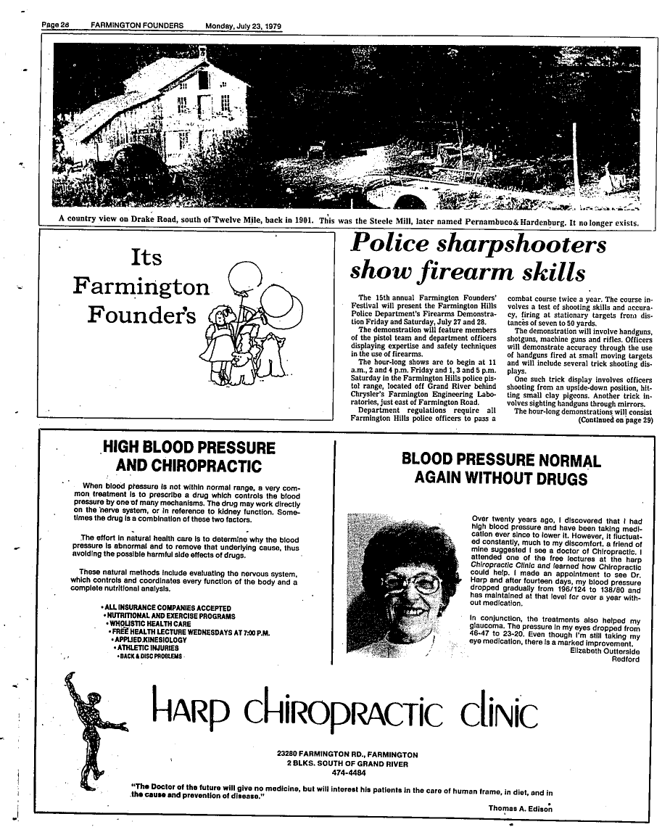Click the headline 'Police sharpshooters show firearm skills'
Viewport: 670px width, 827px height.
(x=479, y=258)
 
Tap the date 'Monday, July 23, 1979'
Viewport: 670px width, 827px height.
(x=244, y=26)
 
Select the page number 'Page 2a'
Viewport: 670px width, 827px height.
(x=54, y=26)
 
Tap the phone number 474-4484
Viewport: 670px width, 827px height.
(x=347, y=773)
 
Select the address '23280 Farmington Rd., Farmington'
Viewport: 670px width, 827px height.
(x=347, y=754)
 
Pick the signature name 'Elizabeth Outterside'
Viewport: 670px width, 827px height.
(x=605, y=651)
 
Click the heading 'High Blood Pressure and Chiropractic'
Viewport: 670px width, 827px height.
(x=189, y=456)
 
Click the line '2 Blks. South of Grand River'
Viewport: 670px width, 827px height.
(x=347, y=764)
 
